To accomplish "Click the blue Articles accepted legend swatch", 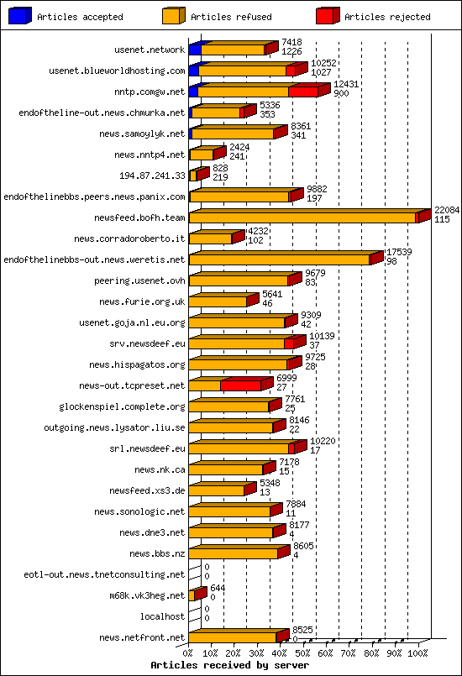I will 20,16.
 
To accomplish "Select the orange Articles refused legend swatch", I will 173,16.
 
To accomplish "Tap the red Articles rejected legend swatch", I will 327,16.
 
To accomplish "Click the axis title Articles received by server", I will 229,665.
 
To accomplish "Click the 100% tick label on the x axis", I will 417,652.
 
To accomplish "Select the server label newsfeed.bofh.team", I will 141,217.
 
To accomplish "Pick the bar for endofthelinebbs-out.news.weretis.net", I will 279,259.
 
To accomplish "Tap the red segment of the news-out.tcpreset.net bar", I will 240,385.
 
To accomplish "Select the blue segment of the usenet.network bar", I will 195,50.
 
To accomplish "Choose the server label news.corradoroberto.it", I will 129,238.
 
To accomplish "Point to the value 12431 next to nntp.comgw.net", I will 346,84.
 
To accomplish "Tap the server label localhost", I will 162,616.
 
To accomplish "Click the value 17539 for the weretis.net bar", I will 398,251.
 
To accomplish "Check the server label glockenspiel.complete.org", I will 122,406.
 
